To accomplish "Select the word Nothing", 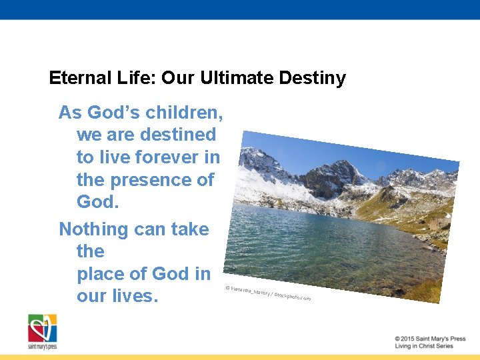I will point(95,229).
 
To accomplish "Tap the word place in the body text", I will point(101,274).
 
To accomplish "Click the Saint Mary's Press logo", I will point(42,331).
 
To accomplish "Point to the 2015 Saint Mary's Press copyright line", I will point(429,339).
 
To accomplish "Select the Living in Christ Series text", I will point(423,347).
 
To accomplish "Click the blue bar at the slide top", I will point(240,9).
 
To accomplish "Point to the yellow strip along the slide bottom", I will point(240,357).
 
